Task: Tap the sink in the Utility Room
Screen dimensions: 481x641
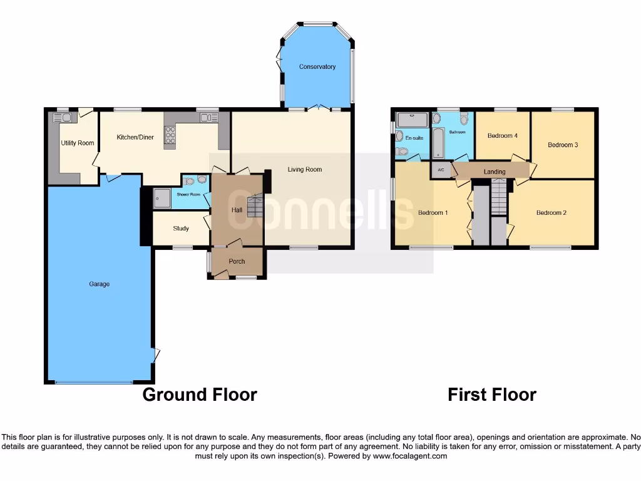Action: (66, 117)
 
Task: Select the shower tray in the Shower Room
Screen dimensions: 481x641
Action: (162, 197)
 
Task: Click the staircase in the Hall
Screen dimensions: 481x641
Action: (255, 206)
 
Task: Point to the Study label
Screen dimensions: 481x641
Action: (181, 229)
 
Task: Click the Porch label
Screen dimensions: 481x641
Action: (237, 261)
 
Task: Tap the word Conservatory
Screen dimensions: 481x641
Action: (317, 67)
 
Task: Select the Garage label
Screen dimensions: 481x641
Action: (99, 284)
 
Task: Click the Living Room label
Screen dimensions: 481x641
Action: (305, 169)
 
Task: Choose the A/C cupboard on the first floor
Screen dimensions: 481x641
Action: (441, 170)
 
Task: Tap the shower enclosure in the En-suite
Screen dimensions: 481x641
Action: (411, 118)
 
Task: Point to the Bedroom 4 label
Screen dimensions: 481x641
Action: (503, 136)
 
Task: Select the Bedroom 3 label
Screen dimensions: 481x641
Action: (563, 145)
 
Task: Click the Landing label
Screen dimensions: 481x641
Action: (495, 172)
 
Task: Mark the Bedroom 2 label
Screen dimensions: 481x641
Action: (551, 213)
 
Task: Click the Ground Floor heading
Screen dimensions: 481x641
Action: (200, 395)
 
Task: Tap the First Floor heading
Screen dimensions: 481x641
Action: (491, 395)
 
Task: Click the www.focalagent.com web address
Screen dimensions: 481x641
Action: (411, 457)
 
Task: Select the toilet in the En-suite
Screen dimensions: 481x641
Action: (403, 151)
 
